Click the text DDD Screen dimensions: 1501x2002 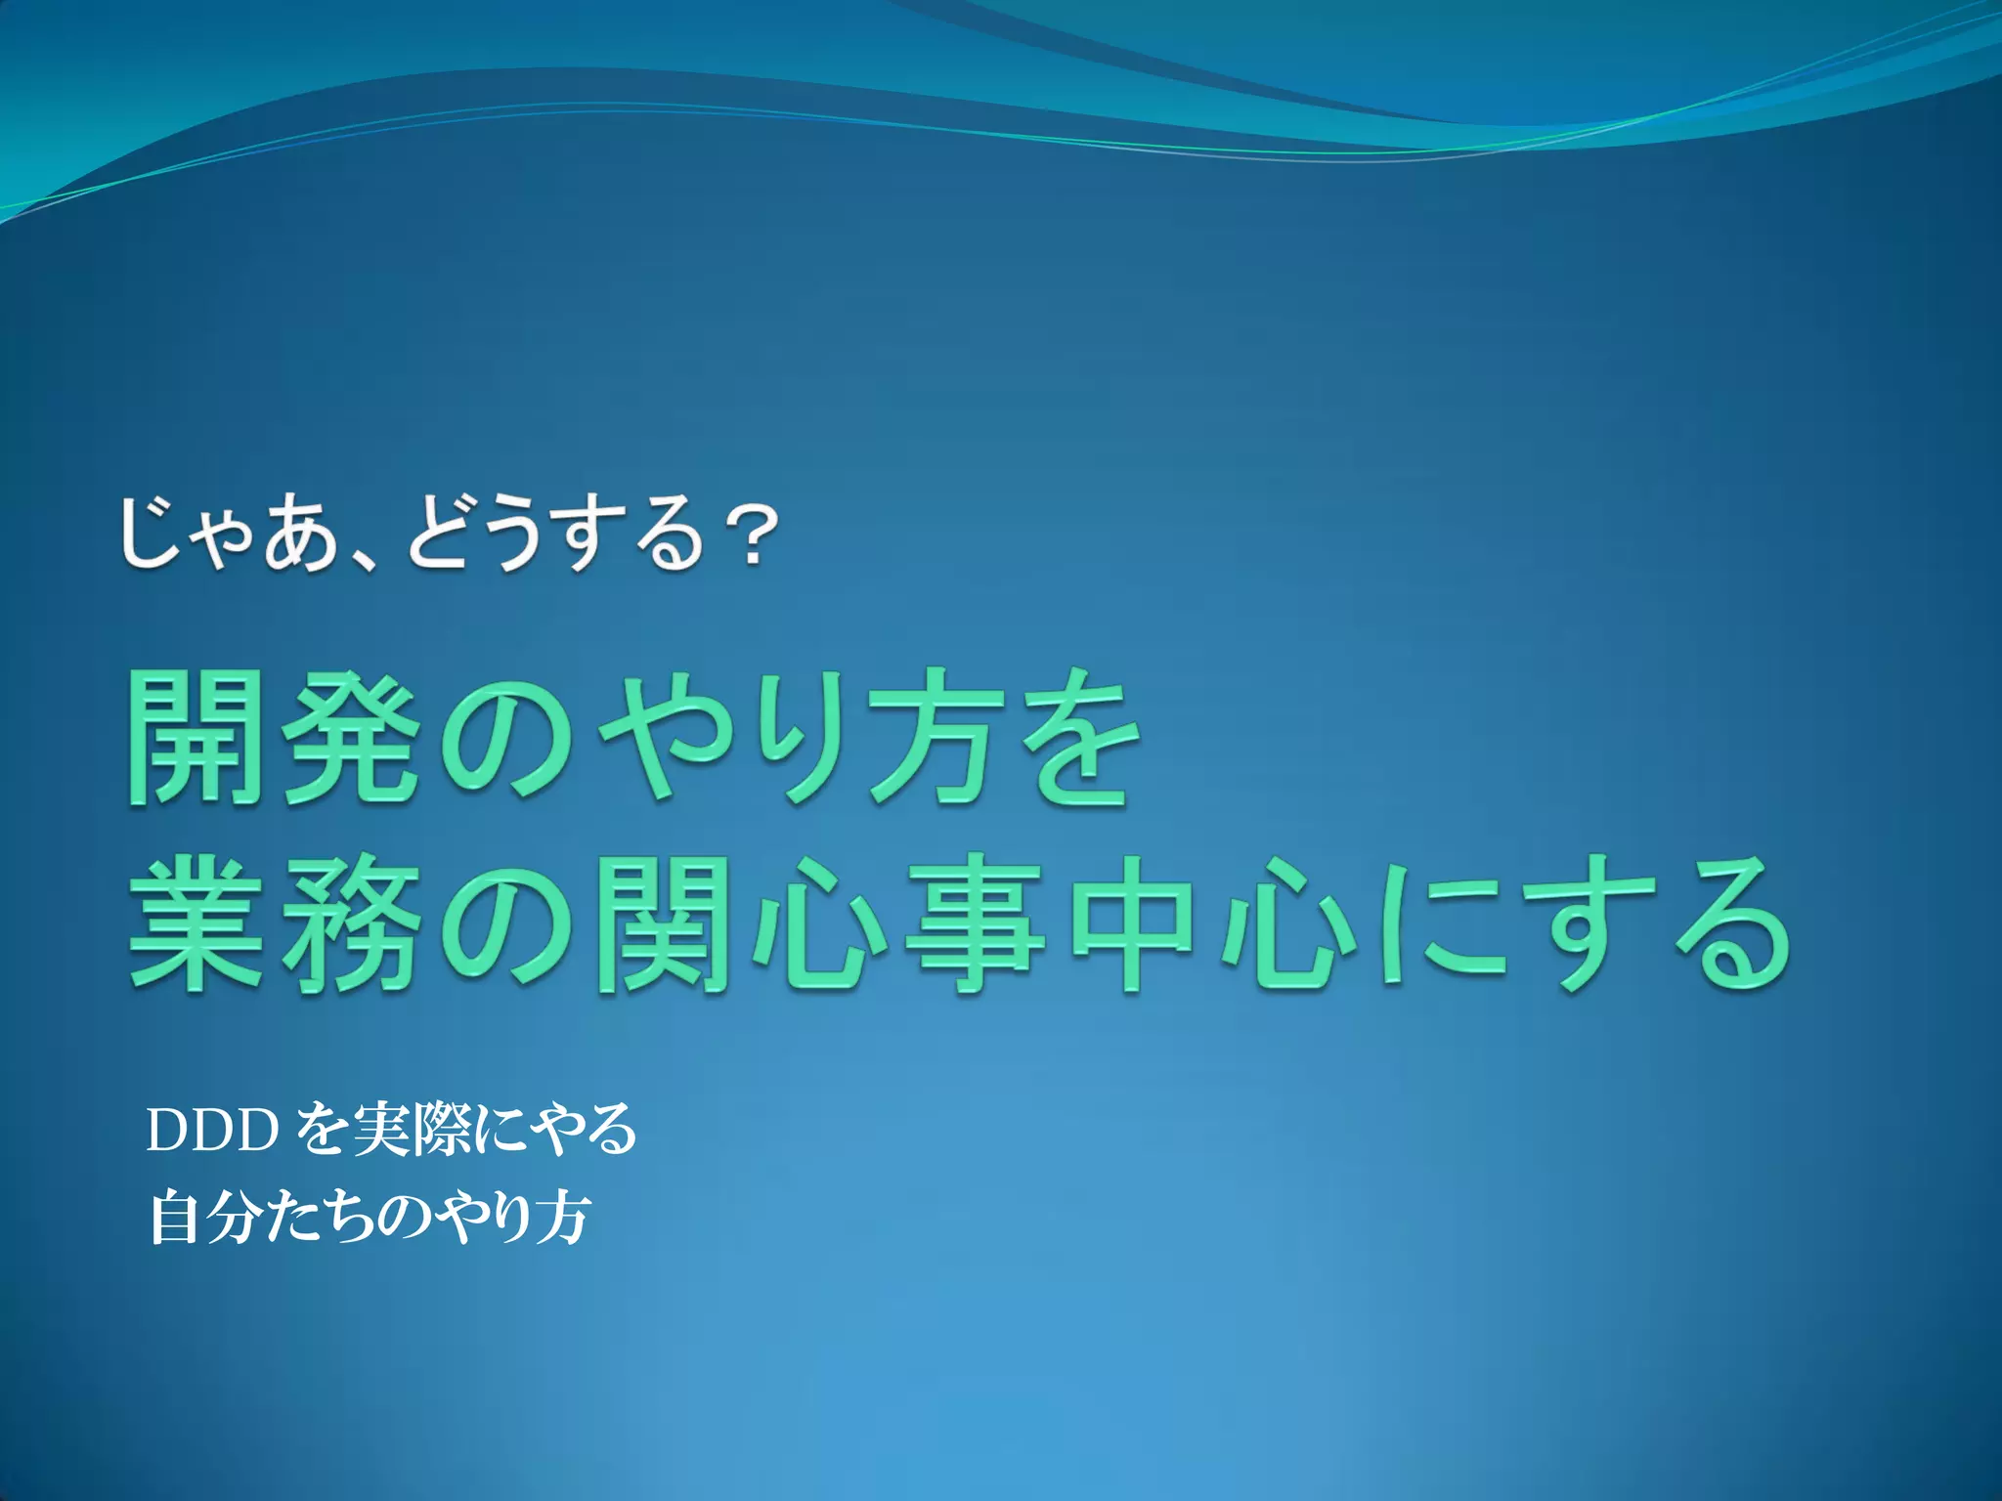click(x=210, y=1131)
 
